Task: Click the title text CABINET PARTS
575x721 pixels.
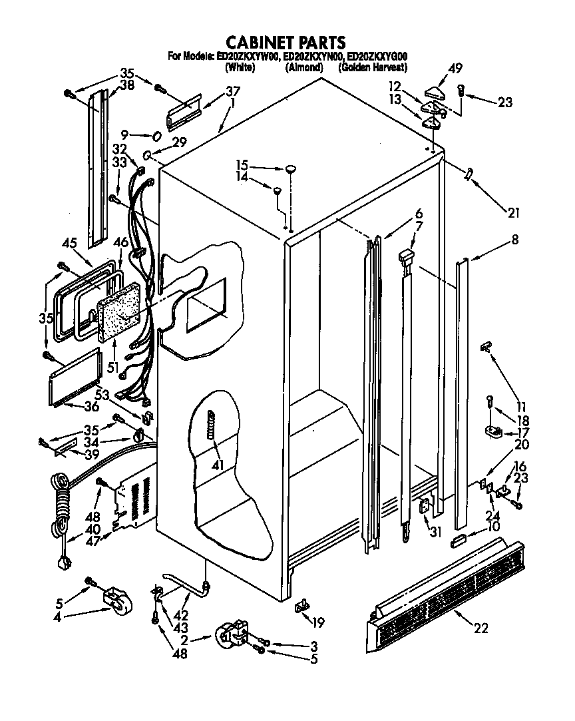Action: [286, 43]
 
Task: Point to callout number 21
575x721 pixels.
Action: [512, 213]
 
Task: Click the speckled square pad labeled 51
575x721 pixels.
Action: [119, 312]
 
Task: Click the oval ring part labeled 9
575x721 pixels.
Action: [156, 136]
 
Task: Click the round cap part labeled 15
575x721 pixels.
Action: [291, 170]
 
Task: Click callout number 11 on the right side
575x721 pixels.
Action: [521, 407]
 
